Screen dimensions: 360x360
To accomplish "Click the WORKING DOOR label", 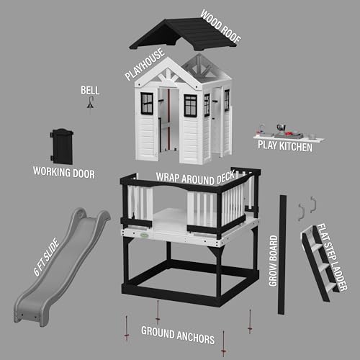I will coord(64,172).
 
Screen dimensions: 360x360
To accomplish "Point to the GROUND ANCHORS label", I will coord(177,332).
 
